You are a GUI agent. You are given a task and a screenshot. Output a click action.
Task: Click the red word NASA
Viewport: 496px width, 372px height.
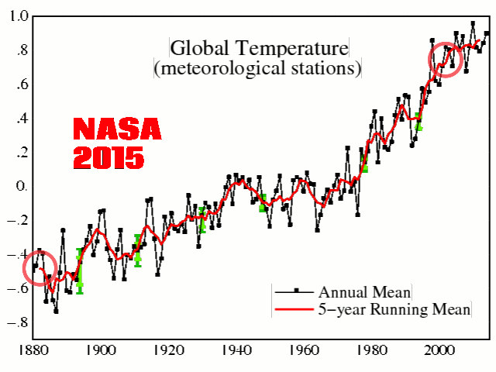[117, 129]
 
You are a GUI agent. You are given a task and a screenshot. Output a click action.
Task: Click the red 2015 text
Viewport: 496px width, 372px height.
[108, 158]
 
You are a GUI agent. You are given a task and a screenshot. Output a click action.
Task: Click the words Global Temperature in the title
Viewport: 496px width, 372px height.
[259, 48]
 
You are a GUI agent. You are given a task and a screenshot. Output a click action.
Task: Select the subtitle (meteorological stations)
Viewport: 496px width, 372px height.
[259, 68]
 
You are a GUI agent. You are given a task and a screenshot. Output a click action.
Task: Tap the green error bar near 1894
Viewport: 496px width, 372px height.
[80, 270]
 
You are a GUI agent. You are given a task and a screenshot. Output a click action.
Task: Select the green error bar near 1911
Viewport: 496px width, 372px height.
[138, 250]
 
